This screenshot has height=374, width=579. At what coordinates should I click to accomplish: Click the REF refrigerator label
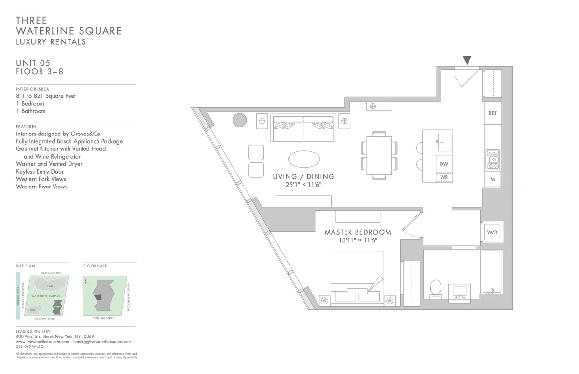493,113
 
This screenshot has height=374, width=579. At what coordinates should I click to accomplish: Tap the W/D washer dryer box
492,232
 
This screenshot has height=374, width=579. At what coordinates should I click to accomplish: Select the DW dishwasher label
444,164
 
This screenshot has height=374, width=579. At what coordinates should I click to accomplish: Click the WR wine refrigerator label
444,177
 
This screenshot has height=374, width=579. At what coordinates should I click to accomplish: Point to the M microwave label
493,179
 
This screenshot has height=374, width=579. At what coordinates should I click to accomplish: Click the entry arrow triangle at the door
467,60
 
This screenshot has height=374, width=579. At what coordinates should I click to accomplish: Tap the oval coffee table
303,159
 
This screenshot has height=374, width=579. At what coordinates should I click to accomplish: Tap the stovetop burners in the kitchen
493,160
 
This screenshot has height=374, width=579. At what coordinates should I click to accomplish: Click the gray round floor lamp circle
240,120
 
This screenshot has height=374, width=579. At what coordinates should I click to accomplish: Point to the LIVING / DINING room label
303,177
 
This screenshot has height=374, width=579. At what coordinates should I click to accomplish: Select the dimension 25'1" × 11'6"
303,185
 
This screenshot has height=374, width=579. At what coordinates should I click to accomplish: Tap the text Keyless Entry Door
40,172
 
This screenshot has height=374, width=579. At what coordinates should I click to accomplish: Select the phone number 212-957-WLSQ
30,347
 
